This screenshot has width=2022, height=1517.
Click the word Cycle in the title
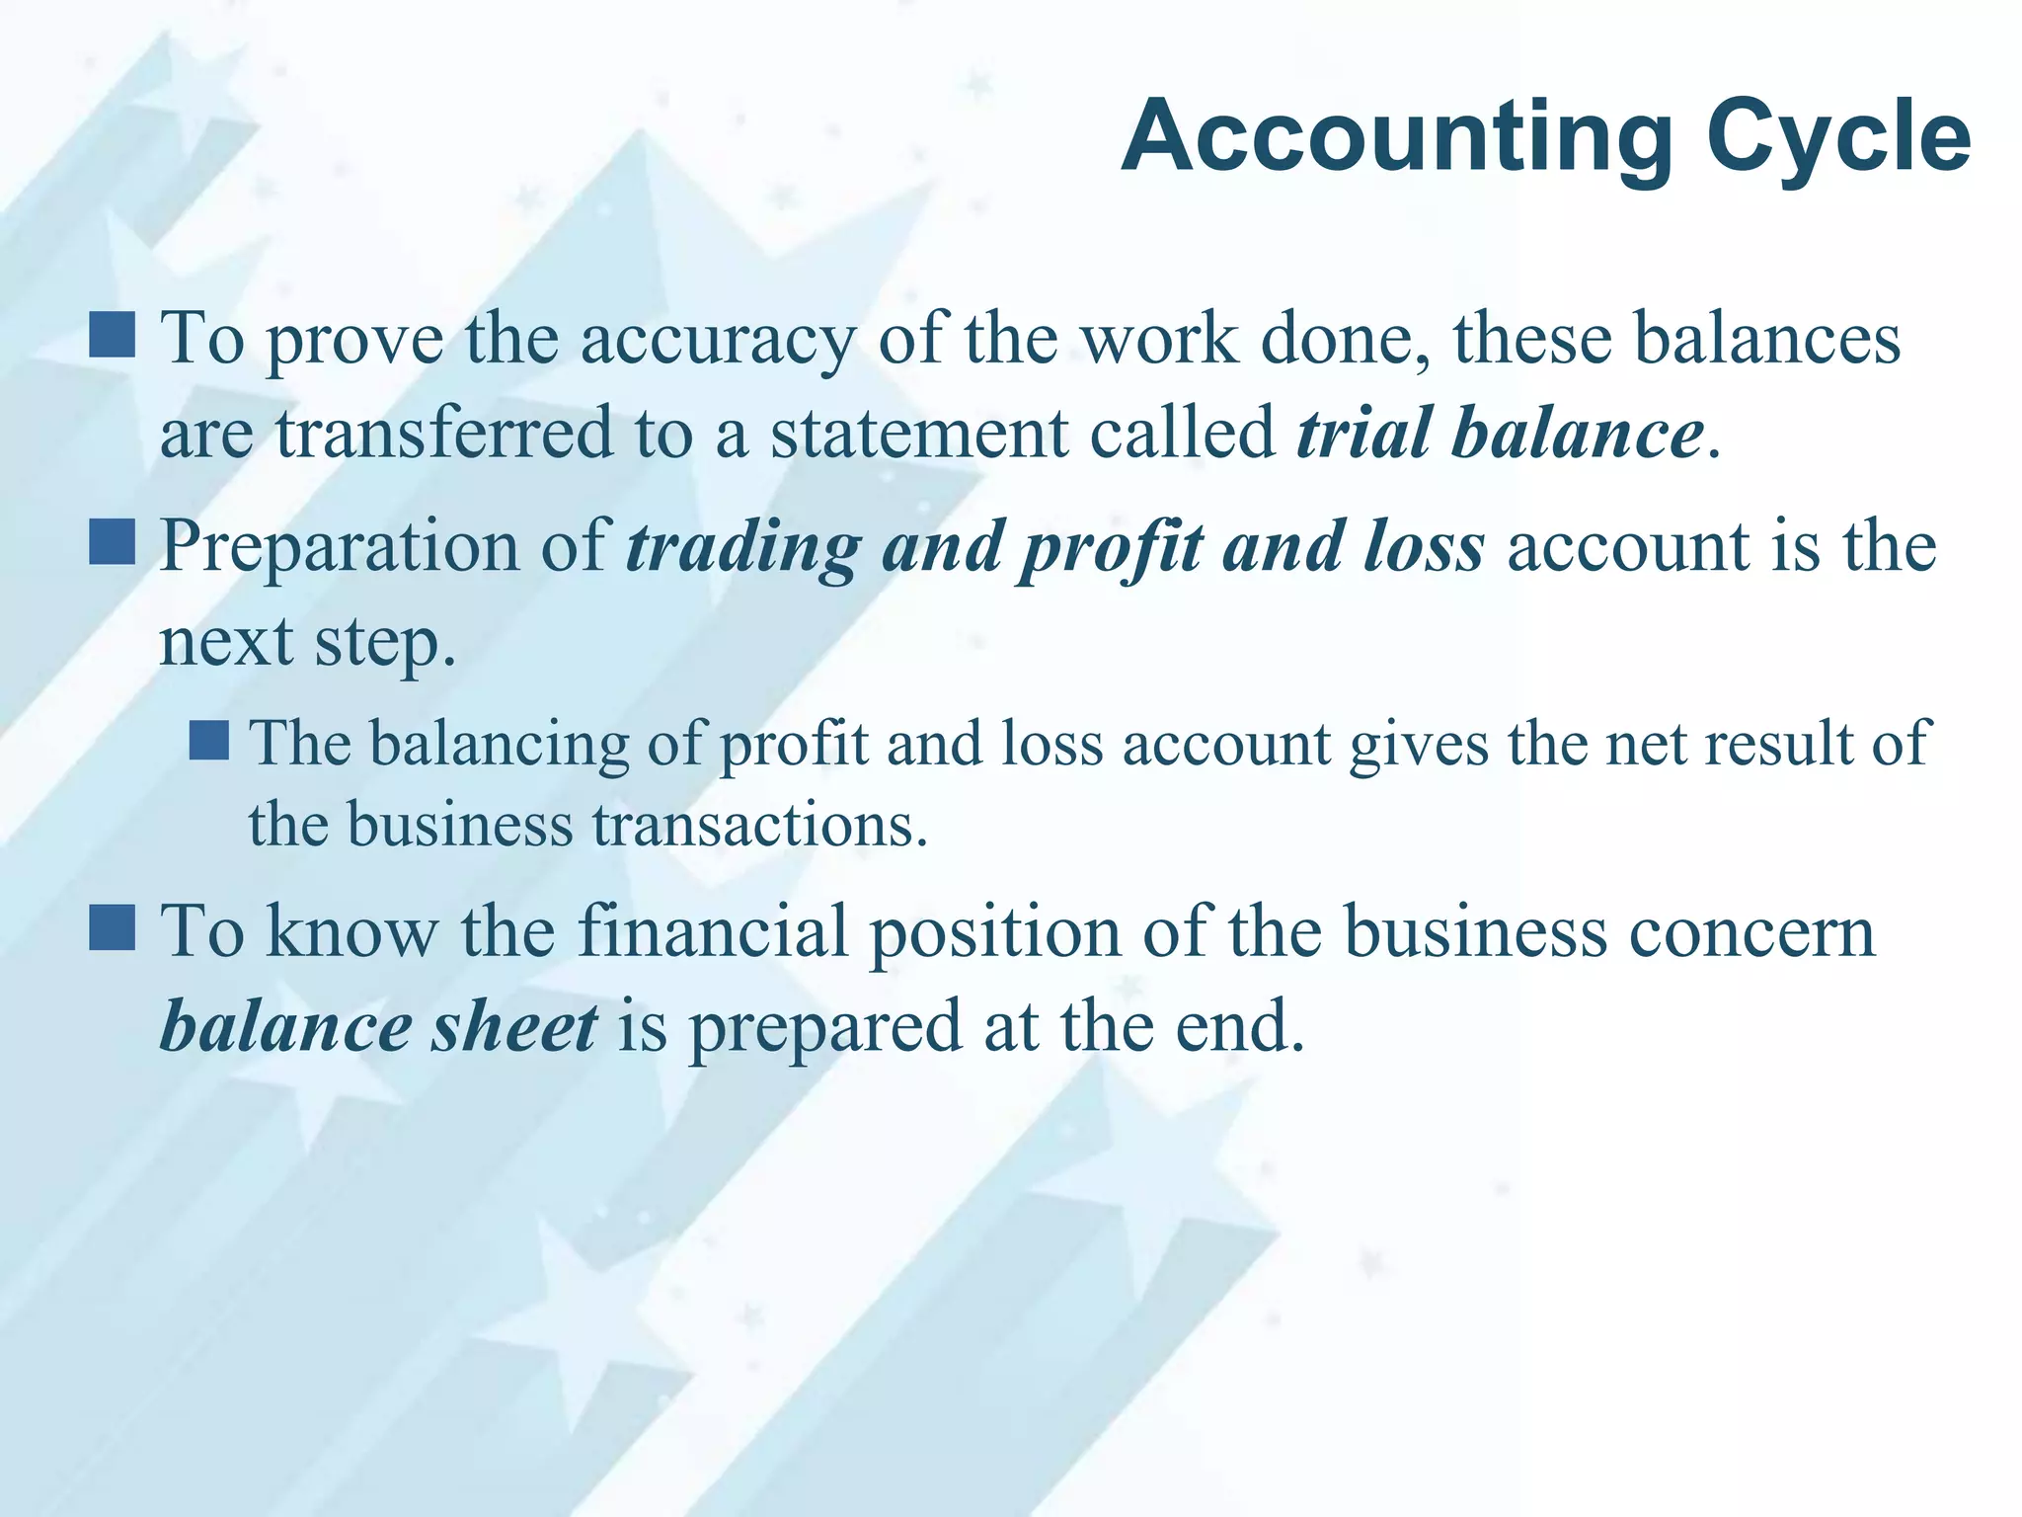coord(1838,138)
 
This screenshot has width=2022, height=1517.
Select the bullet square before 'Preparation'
coord(112,542)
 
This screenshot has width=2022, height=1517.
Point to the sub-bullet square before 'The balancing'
coord(208,740)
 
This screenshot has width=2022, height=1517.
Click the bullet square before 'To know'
coord(112,927)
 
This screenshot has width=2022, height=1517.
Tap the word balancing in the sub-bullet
coord(499,745)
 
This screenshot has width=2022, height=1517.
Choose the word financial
coord(712,931)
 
